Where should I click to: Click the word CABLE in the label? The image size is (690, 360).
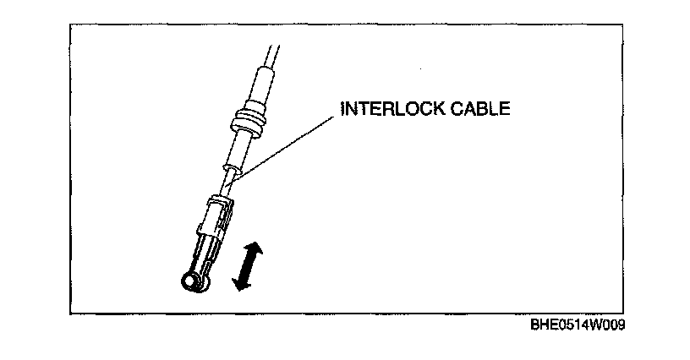click(x=485, y=110)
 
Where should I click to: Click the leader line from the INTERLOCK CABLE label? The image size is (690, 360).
click(x=287, y=143)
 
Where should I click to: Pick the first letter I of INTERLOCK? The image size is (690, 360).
click(x=342, y=110)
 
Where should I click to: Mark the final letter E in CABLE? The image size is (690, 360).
click(x=507, y=110)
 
